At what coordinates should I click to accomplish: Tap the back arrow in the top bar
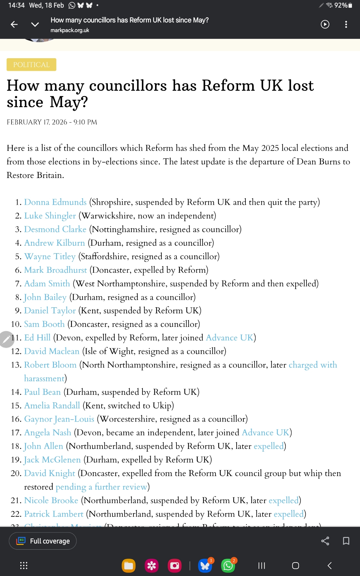tap(14, 24)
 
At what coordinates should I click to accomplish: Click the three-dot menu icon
tap(346, 24)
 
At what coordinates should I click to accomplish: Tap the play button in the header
tap(325, 24)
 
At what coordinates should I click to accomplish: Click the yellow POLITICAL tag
tap(31, 65)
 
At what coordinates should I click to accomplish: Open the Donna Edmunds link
tap(55, 202)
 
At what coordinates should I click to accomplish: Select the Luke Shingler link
tap(50, 216)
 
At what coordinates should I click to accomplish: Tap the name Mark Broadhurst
tap(56, 270)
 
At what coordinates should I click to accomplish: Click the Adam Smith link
tap(47, 283)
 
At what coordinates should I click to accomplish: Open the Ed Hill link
tap(37, 338)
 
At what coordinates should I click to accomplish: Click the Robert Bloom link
tap(50, 365)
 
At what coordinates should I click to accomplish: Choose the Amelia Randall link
tap(52, 406)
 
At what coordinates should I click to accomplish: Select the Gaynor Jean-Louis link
tap(59, 419)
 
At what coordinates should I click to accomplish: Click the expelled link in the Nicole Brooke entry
tap(283, 500)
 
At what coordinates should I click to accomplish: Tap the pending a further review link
tap(101, 487)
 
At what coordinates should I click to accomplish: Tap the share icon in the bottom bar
tap(325, 541)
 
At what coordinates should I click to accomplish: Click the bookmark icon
tap(346, 541)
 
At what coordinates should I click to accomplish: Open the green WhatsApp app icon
tap(228, 566)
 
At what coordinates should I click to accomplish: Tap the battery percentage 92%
tap(341, 5)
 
